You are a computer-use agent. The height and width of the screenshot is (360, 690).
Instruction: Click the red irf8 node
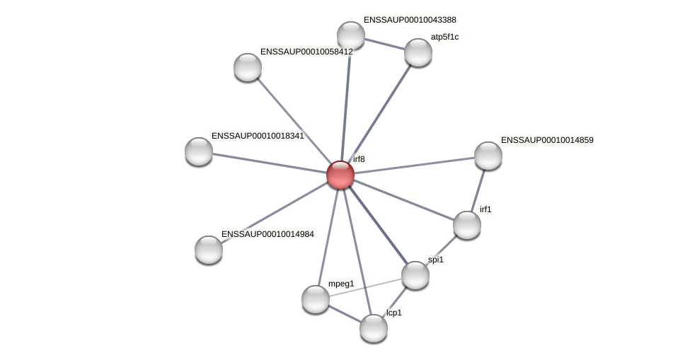pyautogui.click(x=340, y=175)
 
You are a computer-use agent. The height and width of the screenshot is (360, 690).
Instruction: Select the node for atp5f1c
pyautogui.click(x=418, y=52)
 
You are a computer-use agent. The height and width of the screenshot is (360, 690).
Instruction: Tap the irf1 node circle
pyautogui.click(x=467, y=225)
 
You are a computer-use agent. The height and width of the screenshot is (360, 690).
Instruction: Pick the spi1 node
pyautogui.click(x=415, y=275)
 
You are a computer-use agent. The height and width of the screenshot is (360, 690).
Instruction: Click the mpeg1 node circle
pyautogui.click(x=316, y=299)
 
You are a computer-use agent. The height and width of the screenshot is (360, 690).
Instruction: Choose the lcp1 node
pyautogui.click(x=374, y=327)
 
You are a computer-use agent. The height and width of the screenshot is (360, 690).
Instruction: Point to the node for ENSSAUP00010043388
pyautogui.click(x=351, y=35)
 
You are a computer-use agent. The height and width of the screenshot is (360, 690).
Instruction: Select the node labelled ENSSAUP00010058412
pyautogui.click(x=248, y=67)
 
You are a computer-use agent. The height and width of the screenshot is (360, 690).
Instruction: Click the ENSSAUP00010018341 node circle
pyautogui.click(x=199, y=151)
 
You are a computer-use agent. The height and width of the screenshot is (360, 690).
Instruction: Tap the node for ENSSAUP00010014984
pyautogui.click(x=209, y=249)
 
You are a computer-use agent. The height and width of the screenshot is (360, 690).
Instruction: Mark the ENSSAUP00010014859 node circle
pyautogui.click(x=488, y=156)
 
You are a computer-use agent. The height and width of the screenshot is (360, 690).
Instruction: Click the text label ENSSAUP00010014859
pyautogui.click(x=547, y=140)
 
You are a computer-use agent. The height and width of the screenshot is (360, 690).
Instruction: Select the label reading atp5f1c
pyautogui.click(x=444, y=37)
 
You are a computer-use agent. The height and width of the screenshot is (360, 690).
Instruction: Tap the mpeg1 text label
pyautogui.click(x=341, y=284)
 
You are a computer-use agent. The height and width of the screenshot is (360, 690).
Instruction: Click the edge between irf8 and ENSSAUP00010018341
pyautogui.click(x=270, y=163)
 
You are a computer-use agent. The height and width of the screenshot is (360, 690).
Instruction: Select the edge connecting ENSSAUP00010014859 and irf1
pyautogui.click(x=478, y=190)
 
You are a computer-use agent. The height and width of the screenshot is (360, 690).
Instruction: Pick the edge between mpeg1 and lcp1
pyautogui.click(x=345, y=313)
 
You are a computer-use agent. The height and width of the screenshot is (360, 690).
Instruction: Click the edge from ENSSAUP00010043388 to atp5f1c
pyautogui.click(x=384, y=44)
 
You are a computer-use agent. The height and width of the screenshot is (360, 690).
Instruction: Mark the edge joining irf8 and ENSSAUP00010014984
pyautogui.click(x=275, y=212)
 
